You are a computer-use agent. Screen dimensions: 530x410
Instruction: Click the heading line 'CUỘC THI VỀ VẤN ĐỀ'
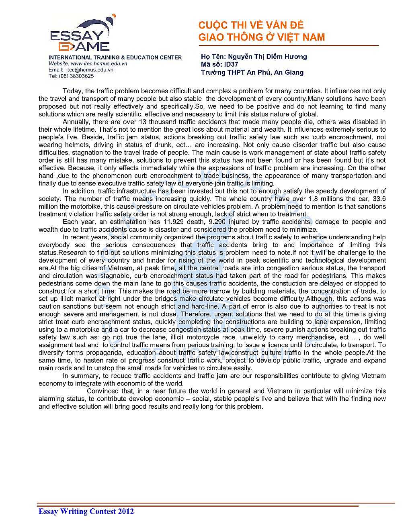pos(251,25)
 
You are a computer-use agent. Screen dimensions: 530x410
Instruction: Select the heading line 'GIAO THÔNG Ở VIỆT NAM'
pos(261,37)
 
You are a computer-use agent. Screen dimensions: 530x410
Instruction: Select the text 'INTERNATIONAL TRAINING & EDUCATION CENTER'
pos(115,57)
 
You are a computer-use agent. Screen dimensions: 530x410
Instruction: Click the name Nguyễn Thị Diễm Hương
pos(267,57)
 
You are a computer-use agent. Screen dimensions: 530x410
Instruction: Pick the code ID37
pos(231,64)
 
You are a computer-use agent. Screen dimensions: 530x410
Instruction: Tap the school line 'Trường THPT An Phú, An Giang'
pos(252,72)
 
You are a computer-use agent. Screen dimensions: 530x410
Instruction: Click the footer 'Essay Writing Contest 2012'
pos(86,511)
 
